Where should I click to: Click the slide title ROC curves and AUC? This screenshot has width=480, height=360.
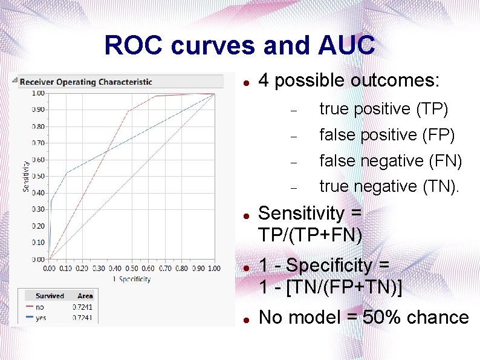239,45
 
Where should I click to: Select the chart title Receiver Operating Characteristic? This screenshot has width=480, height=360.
86,82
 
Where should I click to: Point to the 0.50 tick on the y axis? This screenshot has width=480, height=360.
38,176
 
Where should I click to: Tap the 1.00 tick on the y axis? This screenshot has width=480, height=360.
38,93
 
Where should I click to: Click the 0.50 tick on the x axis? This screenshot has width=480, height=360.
132,268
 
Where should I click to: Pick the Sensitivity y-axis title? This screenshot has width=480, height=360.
25,176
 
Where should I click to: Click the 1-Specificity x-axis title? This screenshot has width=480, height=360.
131,279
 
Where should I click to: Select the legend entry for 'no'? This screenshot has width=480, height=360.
40,307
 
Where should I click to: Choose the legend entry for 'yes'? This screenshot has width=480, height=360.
41,318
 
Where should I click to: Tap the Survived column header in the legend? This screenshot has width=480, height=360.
50,296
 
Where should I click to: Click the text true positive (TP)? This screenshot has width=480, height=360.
383,109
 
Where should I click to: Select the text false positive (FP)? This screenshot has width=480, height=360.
387,134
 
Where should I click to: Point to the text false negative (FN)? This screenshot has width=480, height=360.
391,161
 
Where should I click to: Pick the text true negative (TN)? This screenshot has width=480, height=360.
389,186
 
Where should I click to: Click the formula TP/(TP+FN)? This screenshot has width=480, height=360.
310,234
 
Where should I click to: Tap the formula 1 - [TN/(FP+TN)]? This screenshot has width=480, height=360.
330,286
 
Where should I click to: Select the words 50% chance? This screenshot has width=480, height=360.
416,317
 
